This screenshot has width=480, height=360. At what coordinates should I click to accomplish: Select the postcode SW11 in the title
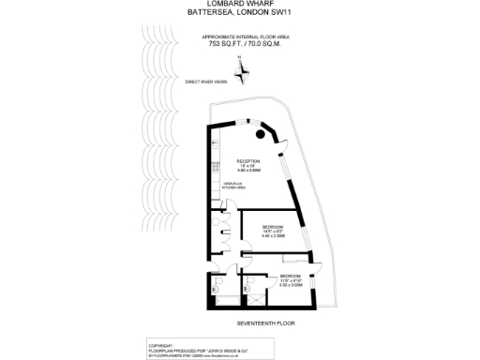point(280,14)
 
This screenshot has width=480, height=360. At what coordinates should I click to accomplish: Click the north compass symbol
point(242,69)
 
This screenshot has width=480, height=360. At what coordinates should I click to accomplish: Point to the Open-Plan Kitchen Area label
point(233,186)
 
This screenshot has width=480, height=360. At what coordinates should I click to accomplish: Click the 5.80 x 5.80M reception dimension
point(247,171)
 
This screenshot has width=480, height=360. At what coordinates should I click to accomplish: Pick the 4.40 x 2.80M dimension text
point(273,237)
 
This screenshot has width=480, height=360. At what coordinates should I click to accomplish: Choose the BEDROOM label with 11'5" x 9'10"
point(290,276)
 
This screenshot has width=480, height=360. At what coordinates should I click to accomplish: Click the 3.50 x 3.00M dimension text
point(290,285)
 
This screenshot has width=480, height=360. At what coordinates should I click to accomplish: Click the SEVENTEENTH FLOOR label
point(265,322)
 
